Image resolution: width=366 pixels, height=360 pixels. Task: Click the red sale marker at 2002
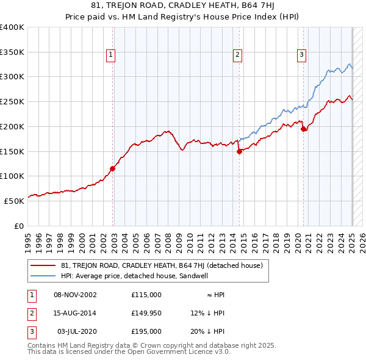112,168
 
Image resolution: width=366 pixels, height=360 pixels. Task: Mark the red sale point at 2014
240,152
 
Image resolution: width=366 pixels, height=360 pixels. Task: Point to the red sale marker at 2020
304,129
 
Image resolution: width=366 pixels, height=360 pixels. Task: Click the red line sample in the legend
43,265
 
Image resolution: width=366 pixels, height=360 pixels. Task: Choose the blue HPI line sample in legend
43,276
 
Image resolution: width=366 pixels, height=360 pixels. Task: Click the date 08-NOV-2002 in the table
76,295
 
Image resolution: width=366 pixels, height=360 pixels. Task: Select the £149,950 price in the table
146,313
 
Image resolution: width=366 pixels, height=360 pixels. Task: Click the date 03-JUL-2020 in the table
76,331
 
